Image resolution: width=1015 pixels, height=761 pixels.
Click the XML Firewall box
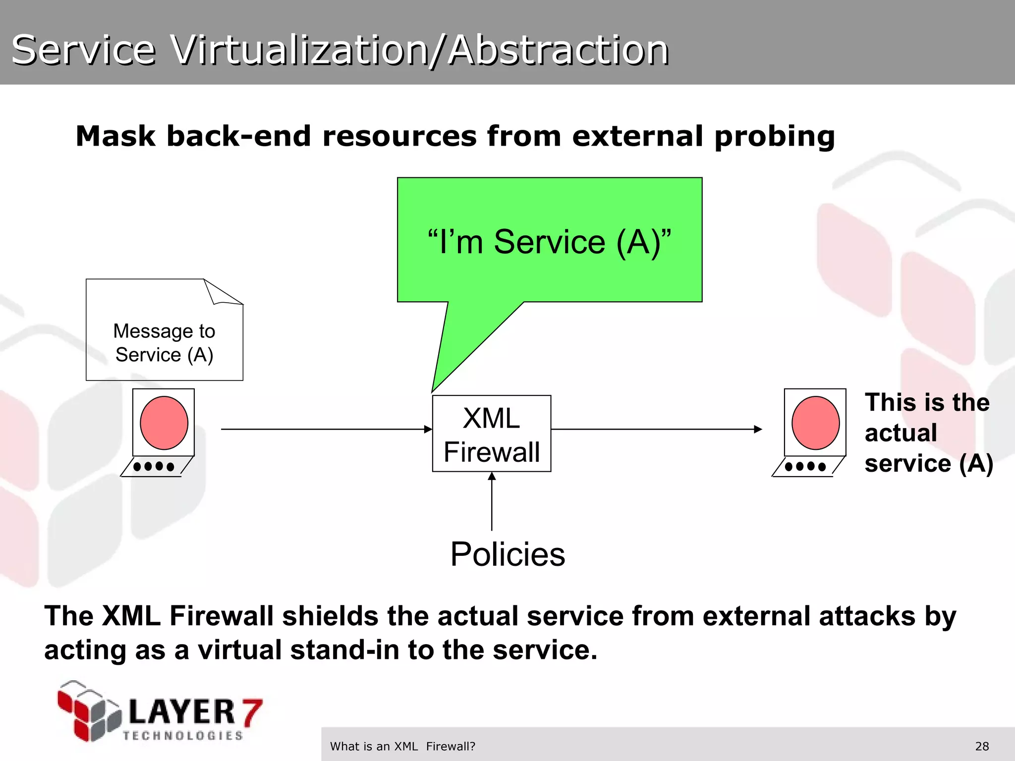pyautogui.click(x=491, y=434)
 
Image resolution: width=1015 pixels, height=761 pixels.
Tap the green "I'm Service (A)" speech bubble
pyautogui.click(x=549, y=241)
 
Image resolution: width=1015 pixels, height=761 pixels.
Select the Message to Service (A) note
pyautogui.click(x=164, y=342)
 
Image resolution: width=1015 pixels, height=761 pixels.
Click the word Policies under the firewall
pyautogui.click(x=507, y=554)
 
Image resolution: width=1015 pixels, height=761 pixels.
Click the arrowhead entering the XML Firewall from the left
pyautogui.click(x=428, y=429)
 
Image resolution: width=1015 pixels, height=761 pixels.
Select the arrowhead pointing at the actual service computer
pyautogui.click(x=758, y=429)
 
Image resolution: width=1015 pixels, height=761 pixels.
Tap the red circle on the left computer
pyautogui.click(x=164, y=423)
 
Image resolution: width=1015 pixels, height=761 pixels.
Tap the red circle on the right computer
pyautogui.click(x=815, y=423)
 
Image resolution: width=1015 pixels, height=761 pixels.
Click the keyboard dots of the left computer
pyautogui.click(x=154, y=466)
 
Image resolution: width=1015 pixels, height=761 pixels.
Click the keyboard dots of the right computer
pyautogui.click(x=805, y=466)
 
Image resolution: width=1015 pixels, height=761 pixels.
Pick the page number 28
pyautogui.click(x=982, y=746)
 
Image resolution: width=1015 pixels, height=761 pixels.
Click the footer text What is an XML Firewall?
pyautogui.click(x=402, y=746)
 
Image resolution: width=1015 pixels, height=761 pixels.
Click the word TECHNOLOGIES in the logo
pyautogui.click(x=183, y=736)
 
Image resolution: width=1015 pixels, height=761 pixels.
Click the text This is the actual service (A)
pyautogui.click(x=927, y=433)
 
